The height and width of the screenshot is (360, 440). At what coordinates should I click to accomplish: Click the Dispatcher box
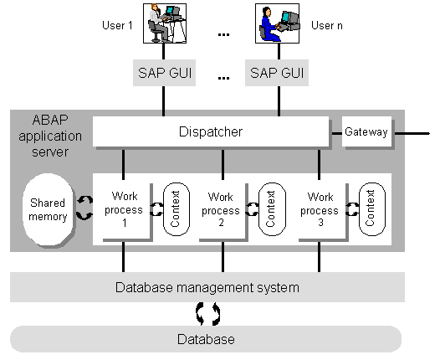pyautogui.click(x=211, y=131)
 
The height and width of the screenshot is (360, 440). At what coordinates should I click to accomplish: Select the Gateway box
pyautogui.click(x=366, y=131)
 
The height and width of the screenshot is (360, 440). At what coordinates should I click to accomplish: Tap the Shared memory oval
pyautogui.click(x=48, y=210)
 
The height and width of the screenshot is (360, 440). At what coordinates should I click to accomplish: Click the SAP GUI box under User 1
pyautogui.click(x=164, y=73)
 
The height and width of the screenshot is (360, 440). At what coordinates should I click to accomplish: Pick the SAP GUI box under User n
pyautogui.click(x=277, y=73)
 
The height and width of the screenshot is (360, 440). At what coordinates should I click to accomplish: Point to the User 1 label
pyautogui.click(x=117, y=26)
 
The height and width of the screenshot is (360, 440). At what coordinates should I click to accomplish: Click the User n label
pyautogui.click(x=327, y=26)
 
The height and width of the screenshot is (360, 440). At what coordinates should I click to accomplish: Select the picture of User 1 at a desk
pyautogui.click(x=165, y=23)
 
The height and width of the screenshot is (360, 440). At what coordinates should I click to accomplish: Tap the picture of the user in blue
pyautogui.click(x=277, y=23)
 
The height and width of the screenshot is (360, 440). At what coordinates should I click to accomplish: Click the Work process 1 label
pyautogui.click(x=124, y=209)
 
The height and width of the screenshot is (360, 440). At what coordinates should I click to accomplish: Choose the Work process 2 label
pyautogui.click(x=221, y=209)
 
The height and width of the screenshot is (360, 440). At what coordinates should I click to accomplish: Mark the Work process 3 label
pyautogui.click(x=320, y=209)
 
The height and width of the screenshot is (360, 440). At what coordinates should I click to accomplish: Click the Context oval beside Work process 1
pyautogui.click(x=177, y=209)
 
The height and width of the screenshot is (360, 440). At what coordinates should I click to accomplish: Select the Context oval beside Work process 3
pyautogui.click(x=372, y=209)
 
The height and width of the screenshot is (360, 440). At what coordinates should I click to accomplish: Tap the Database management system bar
pyautogui.click(x=207, y=287)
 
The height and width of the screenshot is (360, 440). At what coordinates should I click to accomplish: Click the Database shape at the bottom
pyautogui.click(x=206, y=339)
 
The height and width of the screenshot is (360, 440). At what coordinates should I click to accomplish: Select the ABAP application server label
pyautogui.click(x=50, y=136)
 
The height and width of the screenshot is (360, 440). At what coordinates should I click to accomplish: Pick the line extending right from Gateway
pyautogui.click(x=412, y=133)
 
